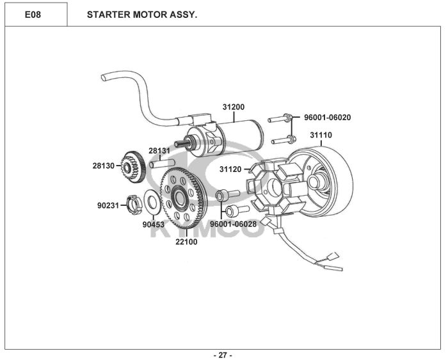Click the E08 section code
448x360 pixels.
pyautogui.click(x=33, y=15)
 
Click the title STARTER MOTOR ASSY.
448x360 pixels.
pyautogui.click(x=142, y=15)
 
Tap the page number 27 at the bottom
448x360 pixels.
pyautogui.click(x=223, y=355)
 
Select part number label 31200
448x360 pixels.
pyautogui.click(x=234, y=107)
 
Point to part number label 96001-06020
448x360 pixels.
pyautogui.click(x=328, y=117)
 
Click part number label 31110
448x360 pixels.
pyautogui.click(x=321, y=135)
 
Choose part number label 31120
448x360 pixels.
pyautogui.click(x=230, y=169)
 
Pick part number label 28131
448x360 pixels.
pyautogui.click(x=159, y=150)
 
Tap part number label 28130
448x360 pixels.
pyautogui.click(x=104, y=166)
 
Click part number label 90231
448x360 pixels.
pyautogui.click(x=108, y=205)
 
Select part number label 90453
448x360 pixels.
pyautogui.click(x=154, y=224)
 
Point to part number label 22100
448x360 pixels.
pyautogui.click(x=186, y=242)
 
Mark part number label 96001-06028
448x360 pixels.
pyautogui.click(x=234, y=224)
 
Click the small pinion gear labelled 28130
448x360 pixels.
pyautogui.click(x=133, y=167)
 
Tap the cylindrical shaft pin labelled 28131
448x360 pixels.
pyautogui.click(x=162, y=164)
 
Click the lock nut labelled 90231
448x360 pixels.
pyautogui.click(x=134, y=204)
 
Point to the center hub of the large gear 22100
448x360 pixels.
pyautogui.click(x=179, y=197)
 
